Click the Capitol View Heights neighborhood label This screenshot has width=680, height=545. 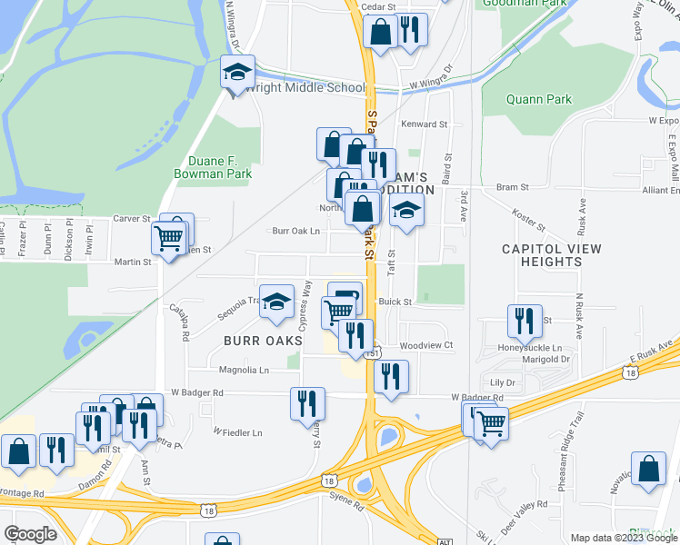[542, 254]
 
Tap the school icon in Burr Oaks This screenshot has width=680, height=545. [275, 302]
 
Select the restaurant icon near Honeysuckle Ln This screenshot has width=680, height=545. [523, 322]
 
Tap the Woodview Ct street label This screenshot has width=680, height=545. [426, 346]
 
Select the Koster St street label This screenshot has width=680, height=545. [527, 222]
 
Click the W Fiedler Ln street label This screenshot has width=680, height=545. [237, 432]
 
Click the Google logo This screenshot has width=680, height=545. [30, 534]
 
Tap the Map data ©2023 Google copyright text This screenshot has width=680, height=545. [622, 538]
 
